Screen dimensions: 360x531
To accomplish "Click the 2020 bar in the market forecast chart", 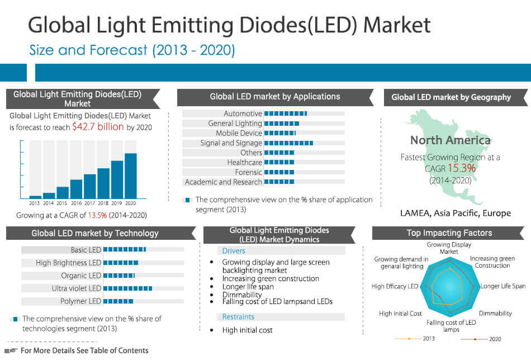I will pyautogui.click(x=130, y=176).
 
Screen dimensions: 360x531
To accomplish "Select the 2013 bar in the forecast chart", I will pyautogui.click(x=35, y=197).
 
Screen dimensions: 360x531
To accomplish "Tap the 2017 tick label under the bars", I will pyautogui.click(x=90, y=203).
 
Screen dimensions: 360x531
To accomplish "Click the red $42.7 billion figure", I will pyautogui.click(x=98, y=127).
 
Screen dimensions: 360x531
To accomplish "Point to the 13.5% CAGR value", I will pyautogui.click(x=97, y=215).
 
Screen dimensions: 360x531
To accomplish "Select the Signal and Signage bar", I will pyautogui.click(x=288, y=143).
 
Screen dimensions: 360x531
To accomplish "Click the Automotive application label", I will pyautogui.click(x=243, y=113).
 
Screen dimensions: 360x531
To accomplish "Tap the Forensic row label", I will pyautogui.click(x=248, y=172).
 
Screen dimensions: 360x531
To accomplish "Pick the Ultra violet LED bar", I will pyautogui.click(x=128, y=288).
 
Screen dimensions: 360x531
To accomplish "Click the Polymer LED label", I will pyautogui.click(x=80, y=301).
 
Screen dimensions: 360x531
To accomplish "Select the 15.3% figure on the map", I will pyautogui.click(x=461, y=168).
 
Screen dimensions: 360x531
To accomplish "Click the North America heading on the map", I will pyautogui.click(x=450, y=140).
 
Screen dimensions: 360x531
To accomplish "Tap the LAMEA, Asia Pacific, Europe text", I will pyautogui.click(x=456, y=213).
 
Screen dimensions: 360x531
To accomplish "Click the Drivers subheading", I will pyautogui.click(x=234, y=251).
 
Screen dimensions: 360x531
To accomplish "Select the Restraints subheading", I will pyautogui.click(x=238, y=317).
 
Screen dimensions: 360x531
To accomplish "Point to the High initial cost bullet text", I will pyautogui.click(x=247, y=330).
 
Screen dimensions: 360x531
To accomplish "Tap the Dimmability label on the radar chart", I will pyautogui.click(x=495, y=314).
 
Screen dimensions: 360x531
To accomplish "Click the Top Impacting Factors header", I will pyautogui.click(x=449, y=233).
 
